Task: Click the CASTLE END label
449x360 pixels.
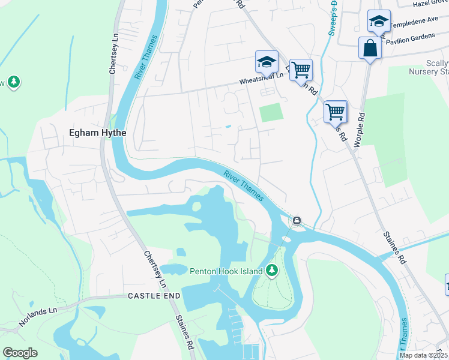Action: click(154, 296)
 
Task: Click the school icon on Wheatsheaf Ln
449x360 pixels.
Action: click(267, 61)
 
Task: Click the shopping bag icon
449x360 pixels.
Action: click(370, 47)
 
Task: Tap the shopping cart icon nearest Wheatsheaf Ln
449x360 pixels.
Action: click(301, 70)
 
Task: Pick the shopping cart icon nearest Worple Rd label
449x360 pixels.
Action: click(335, 111)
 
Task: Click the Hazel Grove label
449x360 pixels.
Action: click(431, 4)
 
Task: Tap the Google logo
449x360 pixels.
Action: click(20, 353)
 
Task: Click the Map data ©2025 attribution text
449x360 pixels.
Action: click(423, 355)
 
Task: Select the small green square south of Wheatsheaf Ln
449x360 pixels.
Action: click(271, 112)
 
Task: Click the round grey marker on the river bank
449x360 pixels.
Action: click(297, 221)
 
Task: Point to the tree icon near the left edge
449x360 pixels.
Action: click(13, 82)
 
